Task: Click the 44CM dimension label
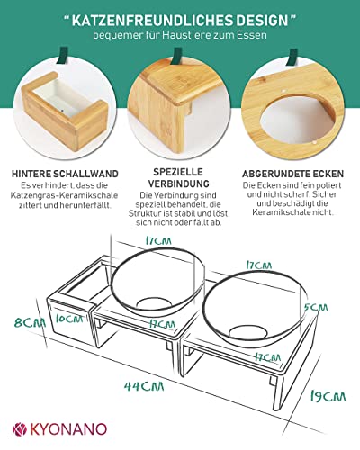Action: pyautogui.click(x=144, y=386)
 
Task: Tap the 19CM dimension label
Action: pyautogui.click(x=328, y=397)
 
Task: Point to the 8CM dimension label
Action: pyautogui.click(x=30, y=323)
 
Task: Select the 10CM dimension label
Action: pyautogui.click(x=69, y=319)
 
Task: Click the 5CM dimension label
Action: pyautogui.click(x=316, y=308)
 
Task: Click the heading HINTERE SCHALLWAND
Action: pyautogui.click(x=65, y=174)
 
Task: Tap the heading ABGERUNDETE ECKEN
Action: pyautogui.click(x=292, y=174)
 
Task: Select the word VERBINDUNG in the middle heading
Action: pyautogui.click(x=179, y=184)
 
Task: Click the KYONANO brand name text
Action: pyautogui.click(x=68, y=429)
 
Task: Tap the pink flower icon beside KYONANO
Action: pyautogui.click(x=20, y=429)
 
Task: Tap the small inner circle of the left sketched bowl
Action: pyautogui.click(x=153, y=303)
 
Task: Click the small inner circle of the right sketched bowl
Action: pyautogui.click(x=248, y=333)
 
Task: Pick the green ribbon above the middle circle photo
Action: pyautogui.click(x=177, y=56)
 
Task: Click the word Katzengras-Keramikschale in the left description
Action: pyautogui.click(x=64, y=195)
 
